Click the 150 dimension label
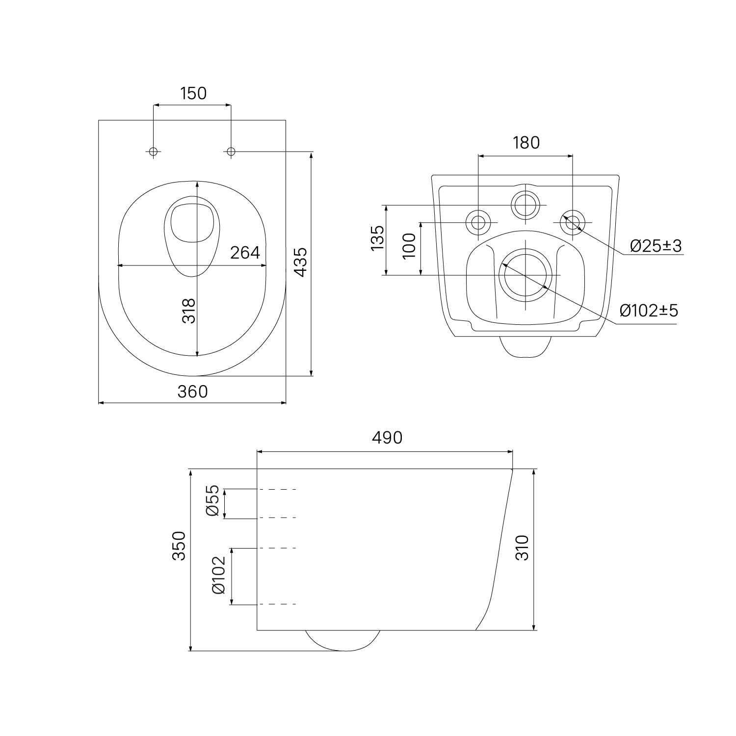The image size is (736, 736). tap(193, 93)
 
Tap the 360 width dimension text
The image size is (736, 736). tap(193, 392)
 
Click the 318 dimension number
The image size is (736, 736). tap(189, 311)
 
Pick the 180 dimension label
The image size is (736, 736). tap(526, 142)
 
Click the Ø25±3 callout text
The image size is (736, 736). tap(656, 246)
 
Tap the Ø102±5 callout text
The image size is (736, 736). tap(649, 310)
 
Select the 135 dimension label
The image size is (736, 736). tap(377, 238)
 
